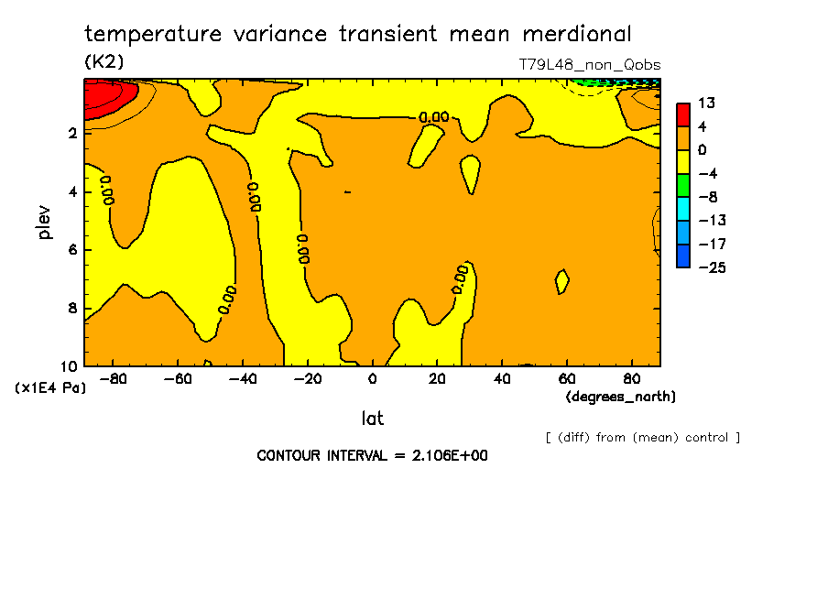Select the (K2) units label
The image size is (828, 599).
click(103, 62)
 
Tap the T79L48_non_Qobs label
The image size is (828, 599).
click(590, 65)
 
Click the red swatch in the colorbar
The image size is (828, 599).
click(682, 114)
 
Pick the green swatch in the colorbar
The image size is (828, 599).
click(682, 185)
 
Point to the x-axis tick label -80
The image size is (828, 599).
click(113, 379)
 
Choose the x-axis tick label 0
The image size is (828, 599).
click(373, 379)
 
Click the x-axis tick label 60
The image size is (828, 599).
click(567, 379)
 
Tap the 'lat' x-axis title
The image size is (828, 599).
click(373, 419)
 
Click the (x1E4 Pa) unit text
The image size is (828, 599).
click(49, 388)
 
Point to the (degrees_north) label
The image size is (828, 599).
click(621, 397)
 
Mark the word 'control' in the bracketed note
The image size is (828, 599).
click(705, 438)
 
